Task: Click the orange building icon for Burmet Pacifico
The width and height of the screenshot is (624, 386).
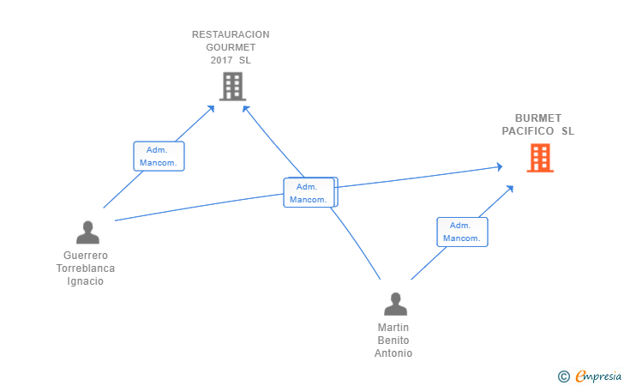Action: click(540, 158)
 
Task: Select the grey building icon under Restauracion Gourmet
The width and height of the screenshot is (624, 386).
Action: click(233, 87)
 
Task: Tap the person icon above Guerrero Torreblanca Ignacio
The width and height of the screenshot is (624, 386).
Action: click(87, 232)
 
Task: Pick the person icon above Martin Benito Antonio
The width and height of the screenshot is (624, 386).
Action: click(396, 304)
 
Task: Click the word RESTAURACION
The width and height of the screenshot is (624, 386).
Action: click(231, 34)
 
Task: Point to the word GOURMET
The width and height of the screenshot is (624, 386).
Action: click(231, 47)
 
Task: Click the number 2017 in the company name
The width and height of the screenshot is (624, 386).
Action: click(221, 60)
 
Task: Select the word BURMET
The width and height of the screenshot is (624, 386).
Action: click(538, 118)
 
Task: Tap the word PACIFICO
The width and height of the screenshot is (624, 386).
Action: click(528, 131)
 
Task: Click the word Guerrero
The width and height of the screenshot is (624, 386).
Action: click(86, 256)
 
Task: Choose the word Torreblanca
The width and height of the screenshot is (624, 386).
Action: click(86, 268)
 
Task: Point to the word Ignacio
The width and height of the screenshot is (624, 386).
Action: click(85, 281)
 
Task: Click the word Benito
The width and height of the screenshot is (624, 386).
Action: click(393, 341)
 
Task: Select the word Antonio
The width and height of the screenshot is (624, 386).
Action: click(393, 353)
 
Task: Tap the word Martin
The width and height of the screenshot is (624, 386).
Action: click(393, 328)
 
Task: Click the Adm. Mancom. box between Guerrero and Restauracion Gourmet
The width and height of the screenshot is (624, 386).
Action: click(159, 156)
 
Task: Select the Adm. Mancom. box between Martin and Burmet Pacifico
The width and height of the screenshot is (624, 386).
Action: click(463, 232)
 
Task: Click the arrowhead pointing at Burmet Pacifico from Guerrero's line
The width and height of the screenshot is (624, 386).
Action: click(500, 167)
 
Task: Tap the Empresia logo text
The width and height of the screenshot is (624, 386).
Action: click(598, 376)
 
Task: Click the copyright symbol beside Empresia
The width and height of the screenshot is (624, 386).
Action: click(563, 377)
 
